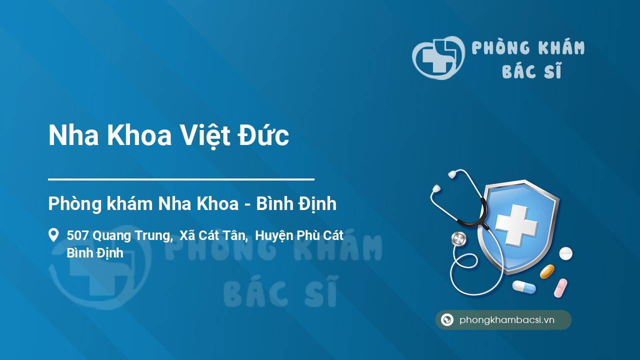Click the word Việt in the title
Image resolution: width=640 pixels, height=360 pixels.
205,136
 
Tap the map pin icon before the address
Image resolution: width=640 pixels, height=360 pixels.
53,235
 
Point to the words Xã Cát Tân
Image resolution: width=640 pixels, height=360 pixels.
213,235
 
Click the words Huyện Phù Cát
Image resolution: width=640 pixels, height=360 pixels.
299,236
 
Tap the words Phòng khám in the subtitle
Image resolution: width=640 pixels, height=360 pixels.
100,203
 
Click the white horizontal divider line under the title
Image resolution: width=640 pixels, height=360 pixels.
181,179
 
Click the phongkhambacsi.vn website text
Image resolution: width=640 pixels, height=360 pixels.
507,320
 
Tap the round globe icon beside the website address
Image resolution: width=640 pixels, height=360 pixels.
447,319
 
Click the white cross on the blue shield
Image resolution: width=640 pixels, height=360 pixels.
516,225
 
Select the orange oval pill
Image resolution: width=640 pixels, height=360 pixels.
547,271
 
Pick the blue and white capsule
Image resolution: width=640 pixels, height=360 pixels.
524,286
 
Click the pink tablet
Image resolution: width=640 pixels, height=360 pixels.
560,287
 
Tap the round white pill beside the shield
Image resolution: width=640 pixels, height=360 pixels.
565,253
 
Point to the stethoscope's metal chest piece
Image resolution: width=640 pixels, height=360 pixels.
459,239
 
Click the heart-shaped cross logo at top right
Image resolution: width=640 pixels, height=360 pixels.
438,58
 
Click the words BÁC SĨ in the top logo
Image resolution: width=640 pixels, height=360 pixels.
531,70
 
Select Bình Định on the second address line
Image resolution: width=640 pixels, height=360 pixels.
95,253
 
